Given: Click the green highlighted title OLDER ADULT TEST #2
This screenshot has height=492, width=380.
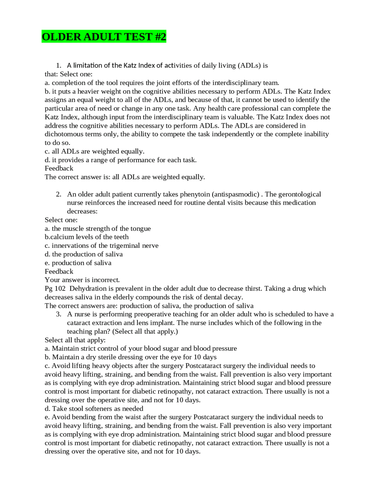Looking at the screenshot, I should [104, 37].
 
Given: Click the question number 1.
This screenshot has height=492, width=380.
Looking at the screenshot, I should [58, 65].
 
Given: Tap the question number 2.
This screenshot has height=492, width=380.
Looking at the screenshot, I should [58, 194].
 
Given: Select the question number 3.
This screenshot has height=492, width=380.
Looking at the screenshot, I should [58, 314].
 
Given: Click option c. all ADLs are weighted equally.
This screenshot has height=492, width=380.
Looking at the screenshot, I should [94, 152].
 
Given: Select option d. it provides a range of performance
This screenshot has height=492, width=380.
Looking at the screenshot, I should [120, 160].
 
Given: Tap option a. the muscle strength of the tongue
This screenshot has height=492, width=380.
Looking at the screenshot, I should [98, 228].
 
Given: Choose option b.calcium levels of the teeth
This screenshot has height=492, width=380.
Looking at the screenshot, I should [87, 237].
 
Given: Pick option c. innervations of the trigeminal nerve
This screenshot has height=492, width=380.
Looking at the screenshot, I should [102, 246].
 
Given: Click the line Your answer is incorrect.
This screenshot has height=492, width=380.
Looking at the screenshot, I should [82, 280].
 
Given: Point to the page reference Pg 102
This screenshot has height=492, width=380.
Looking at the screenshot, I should [55, 288].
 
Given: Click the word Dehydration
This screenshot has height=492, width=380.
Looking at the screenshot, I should [88, 288].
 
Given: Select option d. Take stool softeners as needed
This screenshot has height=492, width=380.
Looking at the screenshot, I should [94, 409].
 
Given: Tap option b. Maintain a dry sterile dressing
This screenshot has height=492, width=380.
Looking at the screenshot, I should [130, 357].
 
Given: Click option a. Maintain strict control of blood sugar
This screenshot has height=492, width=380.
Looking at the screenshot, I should [140, 348].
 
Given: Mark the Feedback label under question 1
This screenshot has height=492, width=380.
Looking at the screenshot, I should [59, 168].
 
